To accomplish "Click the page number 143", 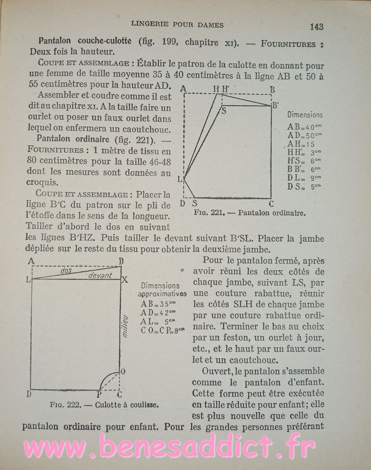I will [x=316, y=27].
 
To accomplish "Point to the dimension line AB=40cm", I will [x=304, y=127].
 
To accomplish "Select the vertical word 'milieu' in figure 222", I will [x=125, y=325].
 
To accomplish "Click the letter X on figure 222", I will [x=124, y=280].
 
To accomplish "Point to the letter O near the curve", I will [x=123, y=371].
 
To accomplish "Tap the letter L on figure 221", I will [x=180, y=179].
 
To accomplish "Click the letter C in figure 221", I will [x=271, y=204].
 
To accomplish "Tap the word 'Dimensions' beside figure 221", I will [x=305, y=115].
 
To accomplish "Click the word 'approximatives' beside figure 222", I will [x=162, y=294].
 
